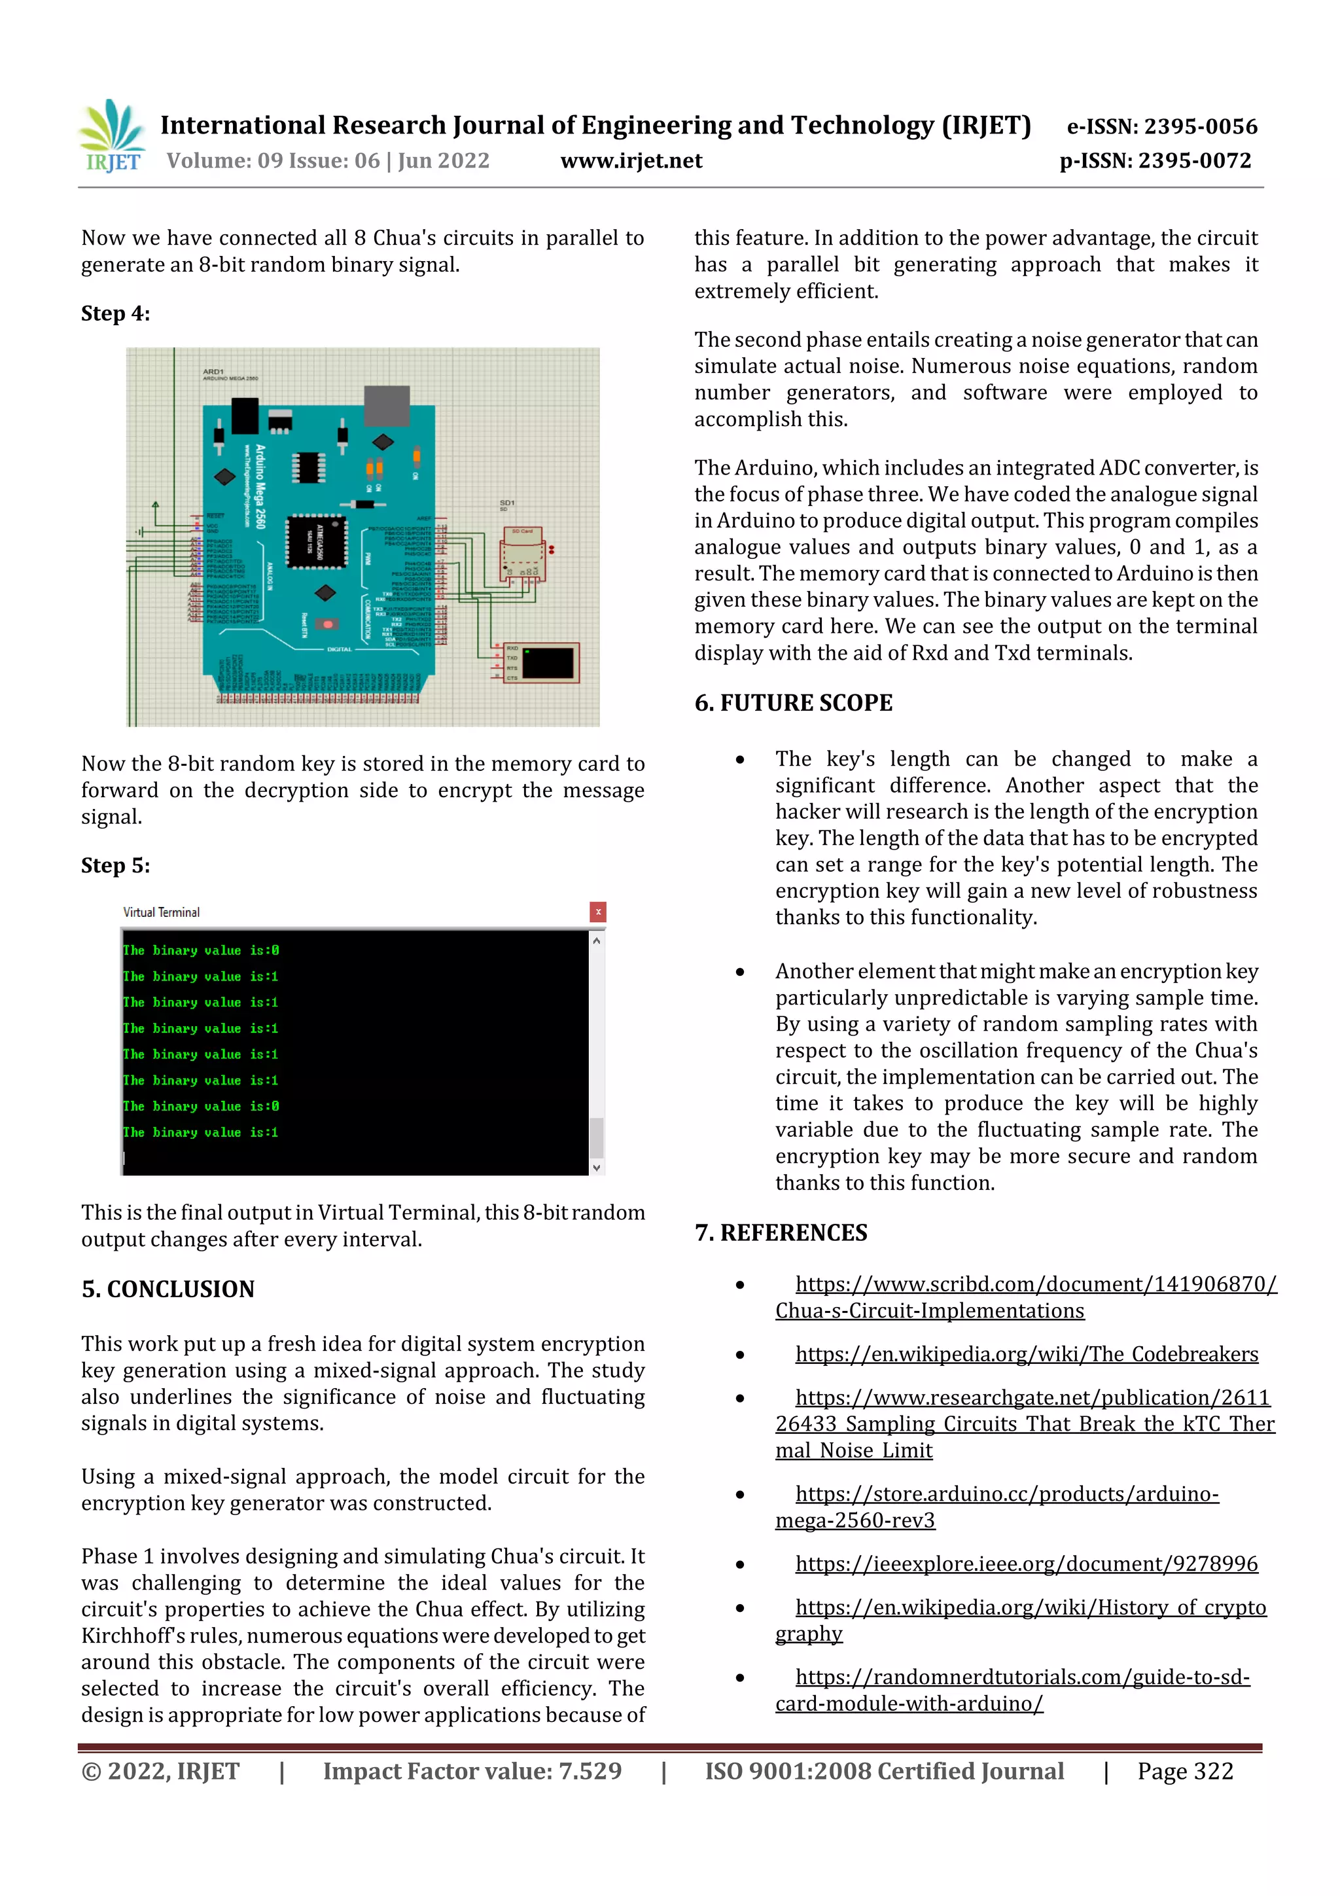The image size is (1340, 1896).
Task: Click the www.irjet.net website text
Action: tap(631, 161)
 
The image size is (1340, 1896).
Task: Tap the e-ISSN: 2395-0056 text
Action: tap(1161, 126)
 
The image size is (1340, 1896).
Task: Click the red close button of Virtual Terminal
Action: tap(598, 912)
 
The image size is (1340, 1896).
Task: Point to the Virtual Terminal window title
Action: tap(161, 912)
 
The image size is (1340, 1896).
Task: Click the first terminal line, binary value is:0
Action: tap(201, 950)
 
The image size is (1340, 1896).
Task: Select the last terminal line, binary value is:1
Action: tap(201, 1132)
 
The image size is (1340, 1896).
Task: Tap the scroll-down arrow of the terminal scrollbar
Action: tap(596, 1168)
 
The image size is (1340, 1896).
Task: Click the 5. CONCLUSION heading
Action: tap(167, 1289)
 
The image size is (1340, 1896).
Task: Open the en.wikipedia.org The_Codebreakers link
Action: tap(1026, 1354)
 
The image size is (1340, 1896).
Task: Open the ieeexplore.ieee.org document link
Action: tap(1026, 1564)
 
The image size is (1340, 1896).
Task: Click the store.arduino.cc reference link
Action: tap(1006, 1494)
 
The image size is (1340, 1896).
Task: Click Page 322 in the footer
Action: tap(1185, 1771)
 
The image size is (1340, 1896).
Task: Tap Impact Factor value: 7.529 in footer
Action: tap(472, 1771)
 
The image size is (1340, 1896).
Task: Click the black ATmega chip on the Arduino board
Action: tap(315, 542)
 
